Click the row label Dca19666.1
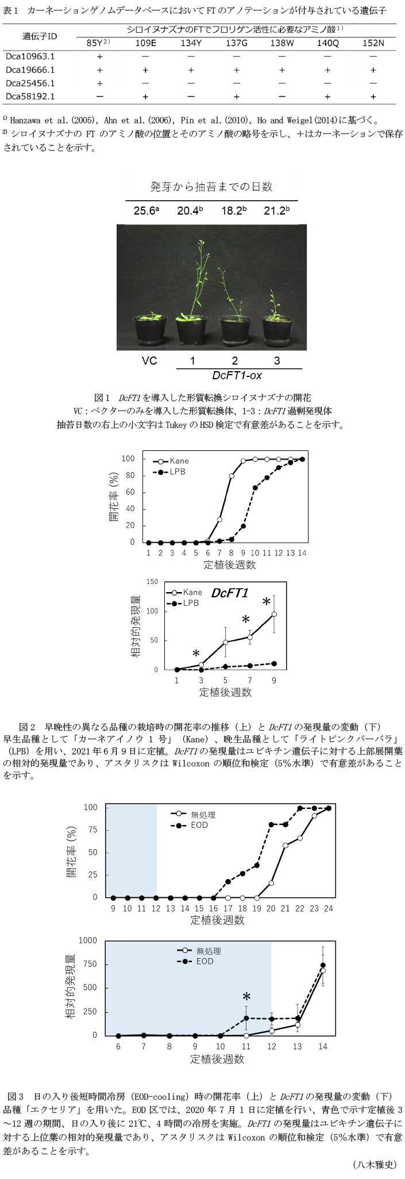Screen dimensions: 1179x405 (x=30, y=70)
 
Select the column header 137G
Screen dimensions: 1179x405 (x=236, y=43)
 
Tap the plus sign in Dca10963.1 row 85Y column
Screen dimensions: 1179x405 (x=100, y=57)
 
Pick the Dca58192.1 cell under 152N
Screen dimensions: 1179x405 (x=373, y=97)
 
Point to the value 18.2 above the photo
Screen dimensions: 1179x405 (x=233, y=211)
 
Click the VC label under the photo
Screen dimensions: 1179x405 (x=149, y=361)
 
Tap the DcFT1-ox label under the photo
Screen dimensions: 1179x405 (x=235, y=376)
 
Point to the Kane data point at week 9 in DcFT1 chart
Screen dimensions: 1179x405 (x=274, y=614)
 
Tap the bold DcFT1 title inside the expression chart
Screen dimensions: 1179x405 (x=229, y=593)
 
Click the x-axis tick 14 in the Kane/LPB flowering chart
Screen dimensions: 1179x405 (x=302, y=553)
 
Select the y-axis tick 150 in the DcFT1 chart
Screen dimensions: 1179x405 (x=152, y=582)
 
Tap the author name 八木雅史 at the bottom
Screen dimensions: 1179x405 (x=374, y=1164)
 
